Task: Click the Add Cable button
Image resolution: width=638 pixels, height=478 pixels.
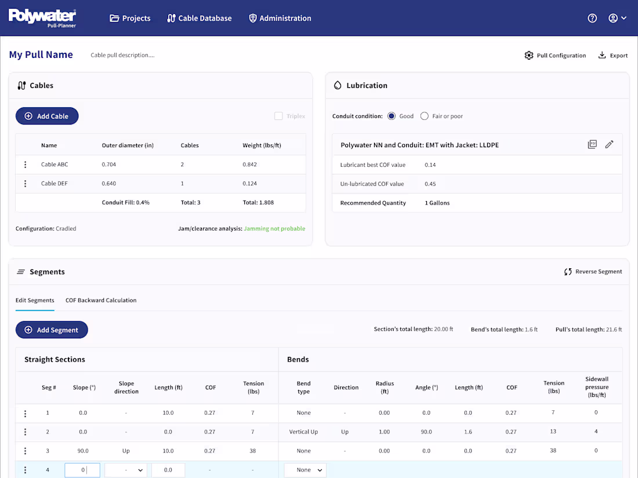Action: [47, 116]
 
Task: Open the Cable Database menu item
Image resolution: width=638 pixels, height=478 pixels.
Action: [199, 18]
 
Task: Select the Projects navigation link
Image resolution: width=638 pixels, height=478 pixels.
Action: [130, 18]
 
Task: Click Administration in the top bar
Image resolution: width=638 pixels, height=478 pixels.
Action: [280, 18]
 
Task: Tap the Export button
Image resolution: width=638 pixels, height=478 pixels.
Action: [613, 56]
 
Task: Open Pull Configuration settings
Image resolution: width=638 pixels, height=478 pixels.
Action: [555, 56]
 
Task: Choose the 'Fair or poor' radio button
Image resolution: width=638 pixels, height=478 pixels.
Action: [425, 116]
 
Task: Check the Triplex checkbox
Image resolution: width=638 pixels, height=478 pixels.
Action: [278, 116]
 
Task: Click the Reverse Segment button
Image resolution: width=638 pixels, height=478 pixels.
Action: [593, 272]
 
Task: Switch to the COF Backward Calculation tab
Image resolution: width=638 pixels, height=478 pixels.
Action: [101, 300]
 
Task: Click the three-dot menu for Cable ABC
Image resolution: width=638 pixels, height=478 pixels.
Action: [25, 165]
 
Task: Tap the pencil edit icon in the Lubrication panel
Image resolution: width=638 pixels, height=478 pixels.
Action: [609, 144]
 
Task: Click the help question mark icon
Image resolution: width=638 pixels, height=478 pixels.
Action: [592, 18]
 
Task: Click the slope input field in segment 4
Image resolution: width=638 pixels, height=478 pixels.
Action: [82, 470]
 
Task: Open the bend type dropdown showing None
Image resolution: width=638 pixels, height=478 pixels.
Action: [305, 470]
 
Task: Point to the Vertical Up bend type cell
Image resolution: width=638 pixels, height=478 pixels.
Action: [303, 432]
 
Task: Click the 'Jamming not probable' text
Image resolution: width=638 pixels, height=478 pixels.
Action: [274, 228]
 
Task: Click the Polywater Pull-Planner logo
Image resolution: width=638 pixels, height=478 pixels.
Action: [42, 17]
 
